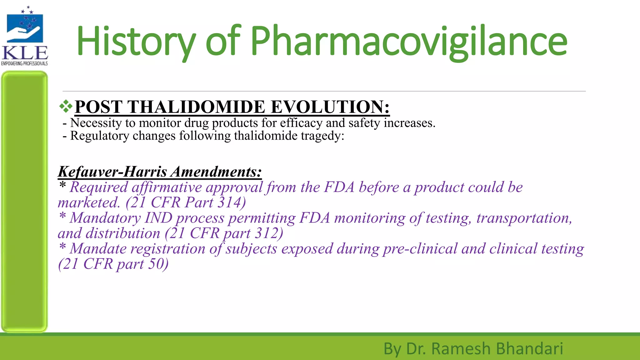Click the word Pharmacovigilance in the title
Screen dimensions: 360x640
[409, 41]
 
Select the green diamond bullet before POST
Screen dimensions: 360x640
[66, 107]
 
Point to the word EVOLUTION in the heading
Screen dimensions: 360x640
[330, 107]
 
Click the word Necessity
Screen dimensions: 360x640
[96, 123]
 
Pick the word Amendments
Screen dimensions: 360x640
[216, 172]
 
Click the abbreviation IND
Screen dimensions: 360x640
[158, 218]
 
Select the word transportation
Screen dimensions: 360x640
[524, 218]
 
